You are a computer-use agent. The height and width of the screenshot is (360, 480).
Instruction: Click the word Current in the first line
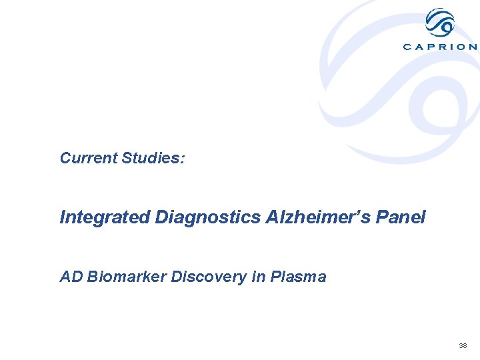click(89, 158)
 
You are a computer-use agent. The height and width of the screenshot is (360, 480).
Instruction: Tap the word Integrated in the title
click(105, 217)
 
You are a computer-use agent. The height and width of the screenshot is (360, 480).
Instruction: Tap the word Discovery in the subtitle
click(209, 277)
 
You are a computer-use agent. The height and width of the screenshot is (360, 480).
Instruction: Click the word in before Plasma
click(258, 277)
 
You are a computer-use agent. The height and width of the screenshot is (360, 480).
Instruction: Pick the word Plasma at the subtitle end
click(298, 277)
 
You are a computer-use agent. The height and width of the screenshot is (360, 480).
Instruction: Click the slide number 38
click(463, 346)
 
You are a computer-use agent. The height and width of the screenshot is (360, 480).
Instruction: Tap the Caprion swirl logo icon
click(440, 24)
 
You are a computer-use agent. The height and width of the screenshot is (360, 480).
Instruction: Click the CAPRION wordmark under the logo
click(440, 47)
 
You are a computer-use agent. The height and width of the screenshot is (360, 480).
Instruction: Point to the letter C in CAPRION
click(407, 47)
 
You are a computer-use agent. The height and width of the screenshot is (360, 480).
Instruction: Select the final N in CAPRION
click(473, 47)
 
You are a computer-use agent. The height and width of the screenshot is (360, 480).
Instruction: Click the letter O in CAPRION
click(460, 47)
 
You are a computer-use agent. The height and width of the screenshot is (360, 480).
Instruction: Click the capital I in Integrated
click(63, 217)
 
